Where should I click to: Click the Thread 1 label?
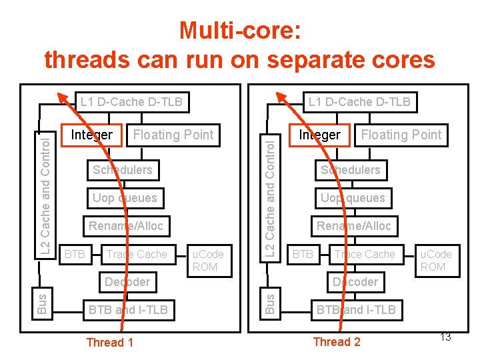[110, 343]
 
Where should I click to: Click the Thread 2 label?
[337, 342]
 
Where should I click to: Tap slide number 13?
[445, 337]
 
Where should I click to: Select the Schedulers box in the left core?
[123, 170]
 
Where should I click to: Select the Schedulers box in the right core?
[350, 170]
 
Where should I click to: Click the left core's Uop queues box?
[125, 198]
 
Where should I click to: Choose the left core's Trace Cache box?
[137, 254]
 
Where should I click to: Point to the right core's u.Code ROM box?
[436, 260]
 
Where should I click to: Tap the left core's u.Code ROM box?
[208, 260]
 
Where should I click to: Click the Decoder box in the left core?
[127, 281]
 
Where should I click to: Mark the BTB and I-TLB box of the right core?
[356, 309]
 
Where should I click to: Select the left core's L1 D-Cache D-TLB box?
[131, 102]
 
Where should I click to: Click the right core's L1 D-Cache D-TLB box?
[359, 102]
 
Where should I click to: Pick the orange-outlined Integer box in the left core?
[91, 135]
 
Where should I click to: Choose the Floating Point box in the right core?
[401, 135]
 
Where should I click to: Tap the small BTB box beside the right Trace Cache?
[303, 254]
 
